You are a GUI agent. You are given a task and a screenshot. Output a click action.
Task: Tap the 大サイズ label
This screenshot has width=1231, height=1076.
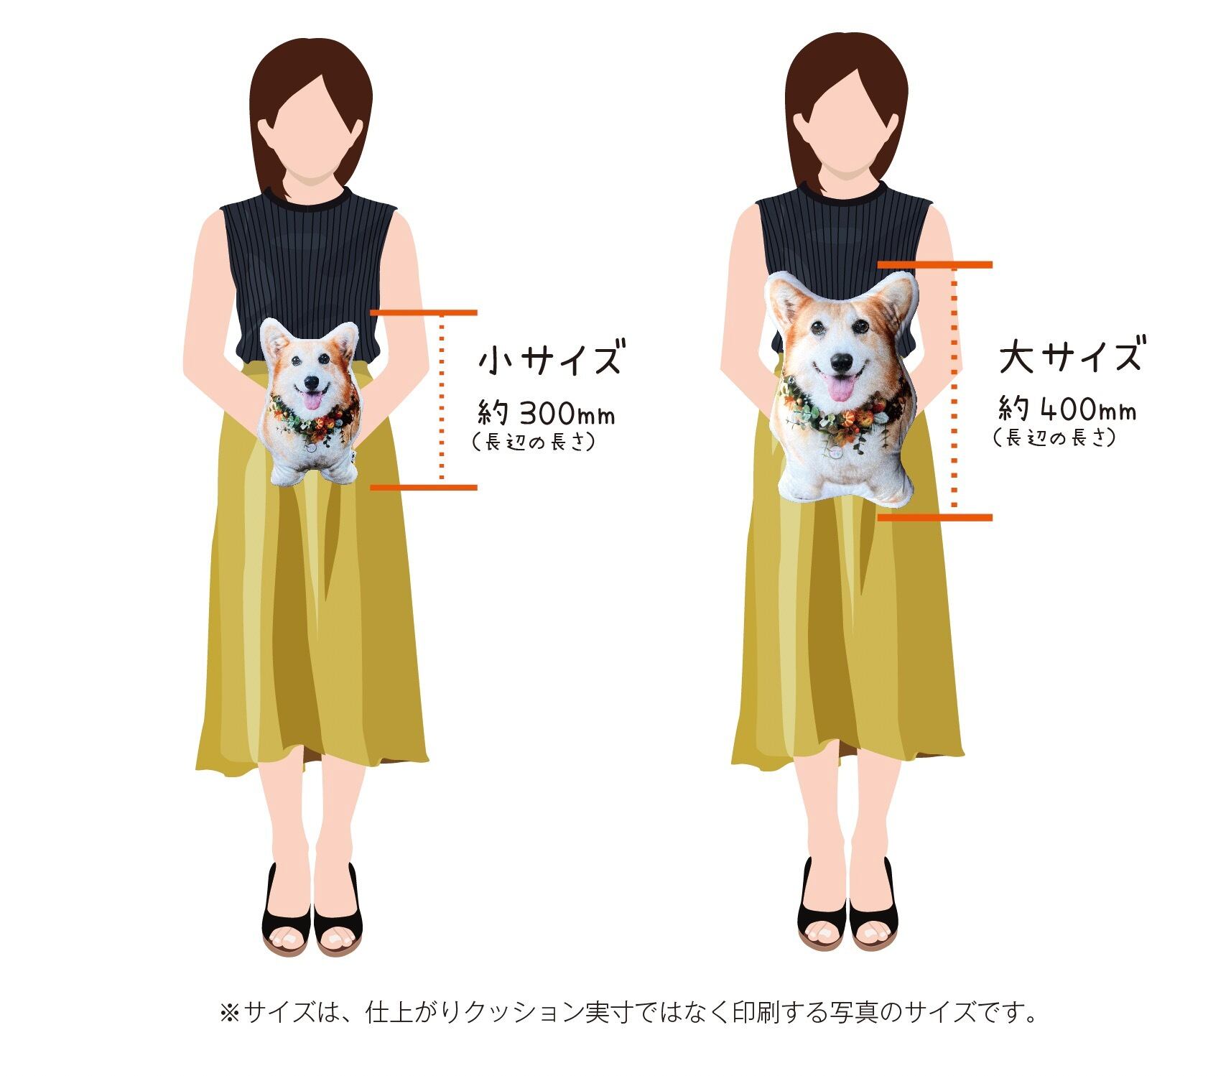tap(1069, 356)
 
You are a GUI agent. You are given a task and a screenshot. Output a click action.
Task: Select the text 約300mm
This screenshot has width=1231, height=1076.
tap(547, 413)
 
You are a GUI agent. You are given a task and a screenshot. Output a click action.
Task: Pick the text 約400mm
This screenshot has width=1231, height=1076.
tap(1067, 409)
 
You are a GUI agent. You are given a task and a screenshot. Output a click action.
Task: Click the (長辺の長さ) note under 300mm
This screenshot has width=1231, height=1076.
tap(534, 442)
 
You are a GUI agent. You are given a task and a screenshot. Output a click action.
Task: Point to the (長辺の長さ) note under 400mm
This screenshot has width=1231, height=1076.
tap(1054, 437)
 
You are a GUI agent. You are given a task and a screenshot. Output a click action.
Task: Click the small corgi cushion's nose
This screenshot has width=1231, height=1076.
tap(311, 382)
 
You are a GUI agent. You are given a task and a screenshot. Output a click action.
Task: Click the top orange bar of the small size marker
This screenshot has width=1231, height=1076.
tap(424, 312)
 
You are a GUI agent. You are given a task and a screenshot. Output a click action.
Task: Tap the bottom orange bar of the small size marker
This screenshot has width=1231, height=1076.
tap(424, 488)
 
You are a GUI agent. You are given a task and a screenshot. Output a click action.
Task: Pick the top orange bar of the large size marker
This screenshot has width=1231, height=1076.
tap(935, 265)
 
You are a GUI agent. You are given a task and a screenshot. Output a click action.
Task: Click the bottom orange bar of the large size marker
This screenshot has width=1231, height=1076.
tap(935, 517)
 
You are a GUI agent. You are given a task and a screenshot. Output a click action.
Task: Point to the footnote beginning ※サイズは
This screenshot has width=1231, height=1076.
tap(628, 1013)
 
